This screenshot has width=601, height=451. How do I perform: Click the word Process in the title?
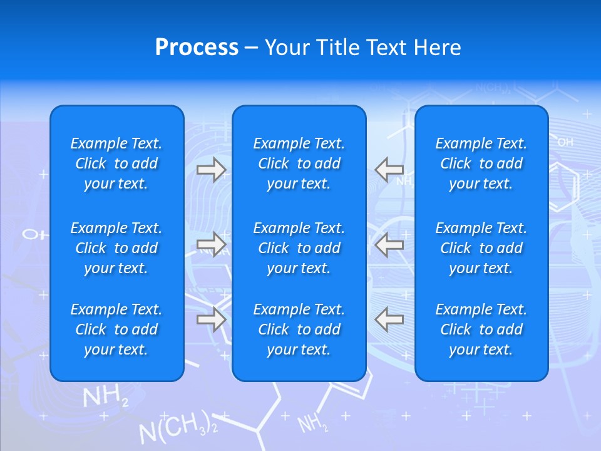197,48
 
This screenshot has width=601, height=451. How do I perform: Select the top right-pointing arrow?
212,169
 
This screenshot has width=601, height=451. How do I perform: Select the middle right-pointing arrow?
212,244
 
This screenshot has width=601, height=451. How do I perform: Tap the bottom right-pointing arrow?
212,319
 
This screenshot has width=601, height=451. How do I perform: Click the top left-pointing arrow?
389,169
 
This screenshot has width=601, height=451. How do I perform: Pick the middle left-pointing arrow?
389,244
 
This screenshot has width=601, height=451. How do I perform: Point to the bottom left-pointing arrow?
389,319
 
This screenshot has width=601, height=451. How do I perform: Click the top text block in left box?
116,163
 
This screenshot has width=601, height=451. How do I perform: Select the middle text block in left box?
116,248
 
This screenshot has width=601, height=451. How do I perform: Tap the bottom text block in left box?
116,329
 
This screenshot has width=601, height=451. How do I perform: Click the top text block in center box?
299,163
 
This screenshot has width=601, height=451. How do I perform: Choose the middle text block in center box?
299,248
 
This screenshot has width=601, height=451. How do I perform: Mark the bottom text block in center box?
299,329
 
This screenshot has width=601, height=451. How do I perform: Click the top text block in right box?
481,163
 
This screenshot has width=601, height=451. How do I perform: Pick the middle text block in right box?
481,248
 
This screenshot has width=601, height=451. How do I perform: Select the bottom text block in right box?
481,329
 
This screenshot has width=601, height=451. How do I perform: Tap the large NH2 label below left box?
105,397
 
